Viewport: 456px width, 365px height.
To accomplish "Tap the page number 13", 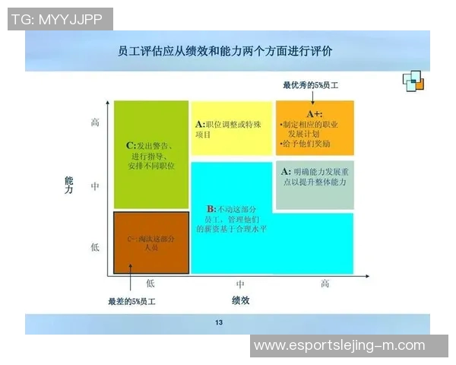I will (219, 324).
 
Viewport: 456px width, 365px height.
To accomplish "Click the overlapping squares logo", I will (413, 80).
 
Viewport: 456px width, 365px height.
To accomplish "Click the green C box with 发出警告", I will (150, 155).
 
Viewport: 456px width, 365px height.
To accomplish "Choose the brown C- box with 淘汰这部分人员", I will (150, 243).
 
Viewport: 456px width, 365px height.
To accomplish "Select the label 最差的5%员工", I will (131, 302).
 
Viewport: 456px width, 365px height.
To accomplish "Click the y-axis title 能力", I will (69, 186).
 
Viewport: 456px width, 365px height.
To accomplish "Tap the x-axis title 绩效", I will (240, 300).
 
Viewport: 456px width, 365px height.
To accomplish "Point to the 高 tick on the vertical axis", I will (95, 122).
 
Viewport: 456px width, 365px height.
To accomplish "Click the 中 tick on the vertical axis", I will (95, 185).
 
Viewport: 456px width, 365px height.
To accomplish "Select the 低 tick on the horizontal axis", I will (150, 284).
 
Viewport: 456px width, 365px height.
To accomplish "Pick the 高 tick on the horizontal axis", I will (325, 284).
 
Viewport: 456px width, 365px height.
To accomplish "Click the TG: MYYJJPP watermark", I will (60, 19).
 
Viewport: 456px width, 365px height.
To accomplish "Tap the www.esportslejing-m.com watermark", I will (339, 345).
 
